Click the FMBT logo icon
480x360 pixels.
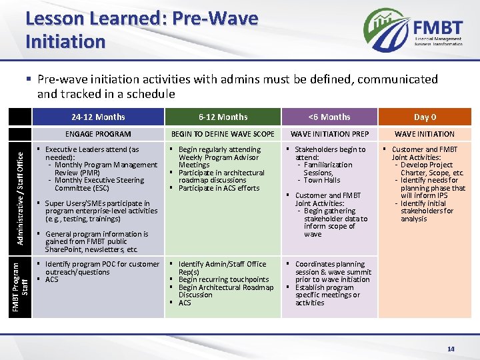click(x=387, y=29)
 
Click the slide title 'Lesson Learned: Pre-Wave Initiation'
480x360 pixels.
click(x=141, y=30)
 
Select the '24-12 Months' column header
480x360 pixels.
click(x=98, y=117)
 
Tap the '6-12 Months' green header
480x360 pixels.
click(x=223, y=117)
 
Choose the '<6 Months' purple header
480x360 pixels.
click(x=329, y=117)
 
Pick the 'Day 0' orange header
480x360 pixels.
click(x=425, y=117)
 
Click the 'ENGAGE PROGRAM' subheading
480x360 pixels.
click(x=98, y=134)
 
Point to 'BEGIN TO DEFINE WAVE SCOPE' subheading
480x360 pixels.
click(x=223, y=134)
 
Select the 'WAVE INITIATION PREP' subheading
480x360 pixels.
click(x=329, y=134)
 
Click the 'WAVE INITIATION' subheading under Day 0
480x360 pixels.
click(x=425, y=134)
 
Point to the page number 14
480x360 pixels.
click(x=451, y=348)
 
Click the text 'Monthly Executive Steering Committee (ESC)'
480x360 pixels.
click(x=99, y=184)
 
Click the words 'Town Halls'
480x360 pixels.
click(x=322, y=180)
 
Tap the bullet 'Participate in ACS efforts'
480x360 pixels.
click(x=219, y=188)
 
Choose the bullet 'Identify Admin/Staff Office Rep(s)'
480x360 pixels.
click(x=222, y=268)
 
